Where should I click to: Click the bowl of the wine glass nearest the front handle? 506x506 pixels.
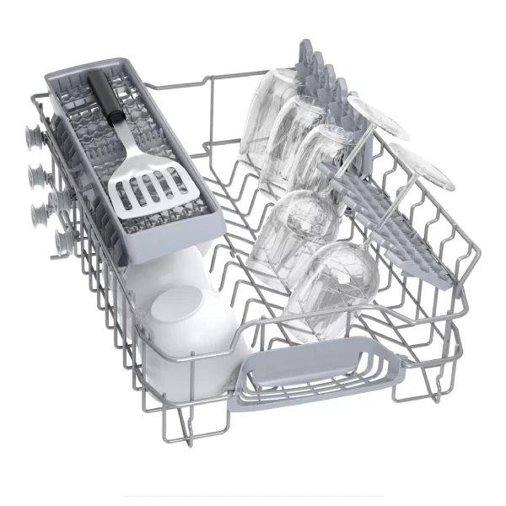tap(333, 278)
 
